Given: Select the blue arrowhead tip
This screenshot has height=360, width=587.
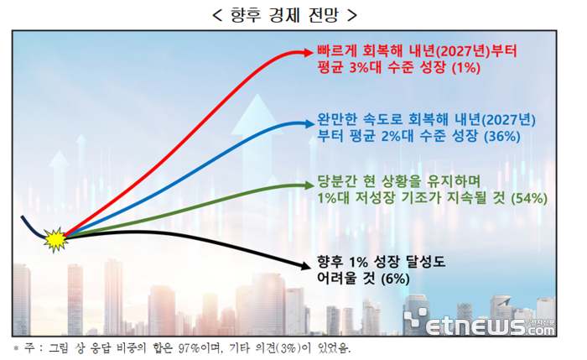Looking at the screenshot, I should point(312,123).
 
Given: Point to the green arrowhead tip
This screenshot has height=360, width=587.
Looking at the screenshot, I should point(312,185).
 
